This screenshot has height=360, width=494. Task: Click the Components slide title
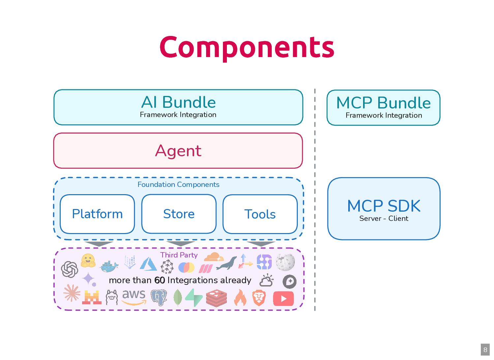coord(247,47)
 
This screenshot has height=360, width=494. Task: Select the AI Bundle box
coord(178,107)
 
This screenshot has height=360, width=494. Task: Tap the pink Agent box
coord(178,151)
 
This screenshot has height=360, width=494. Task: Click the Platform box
coord(97,214)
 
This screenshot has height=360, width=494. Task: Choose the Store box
coord(179,214)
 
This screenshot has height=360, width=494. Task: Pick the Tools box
coord(260,214)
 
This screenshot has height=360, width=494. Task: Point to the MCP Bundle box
coord(384,107)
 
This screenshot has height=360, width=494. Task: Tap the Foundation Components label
coord(178,185)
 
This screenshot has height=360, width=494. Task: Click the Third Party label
coord(179,255)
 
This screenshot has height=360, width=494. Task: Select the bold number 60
coord(160,280)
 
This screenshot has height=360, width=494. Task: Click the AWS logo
coord(134,296)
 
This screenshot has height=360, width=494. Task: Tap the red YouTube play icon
coord(283,299)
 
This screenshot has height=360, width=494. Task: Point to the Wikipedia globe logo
coord(285,262)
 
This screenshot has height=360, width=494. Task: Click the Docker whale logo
coord(109,266)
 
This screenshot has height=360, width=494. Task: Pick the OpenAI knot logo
coord(70,269)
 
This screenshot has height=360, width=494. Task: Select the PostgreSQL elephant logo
coord(159,297)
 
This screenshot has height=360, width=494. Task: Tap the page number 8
coord(485,350)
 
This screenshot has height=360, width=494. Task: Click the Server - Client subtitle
coord(384,219)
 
